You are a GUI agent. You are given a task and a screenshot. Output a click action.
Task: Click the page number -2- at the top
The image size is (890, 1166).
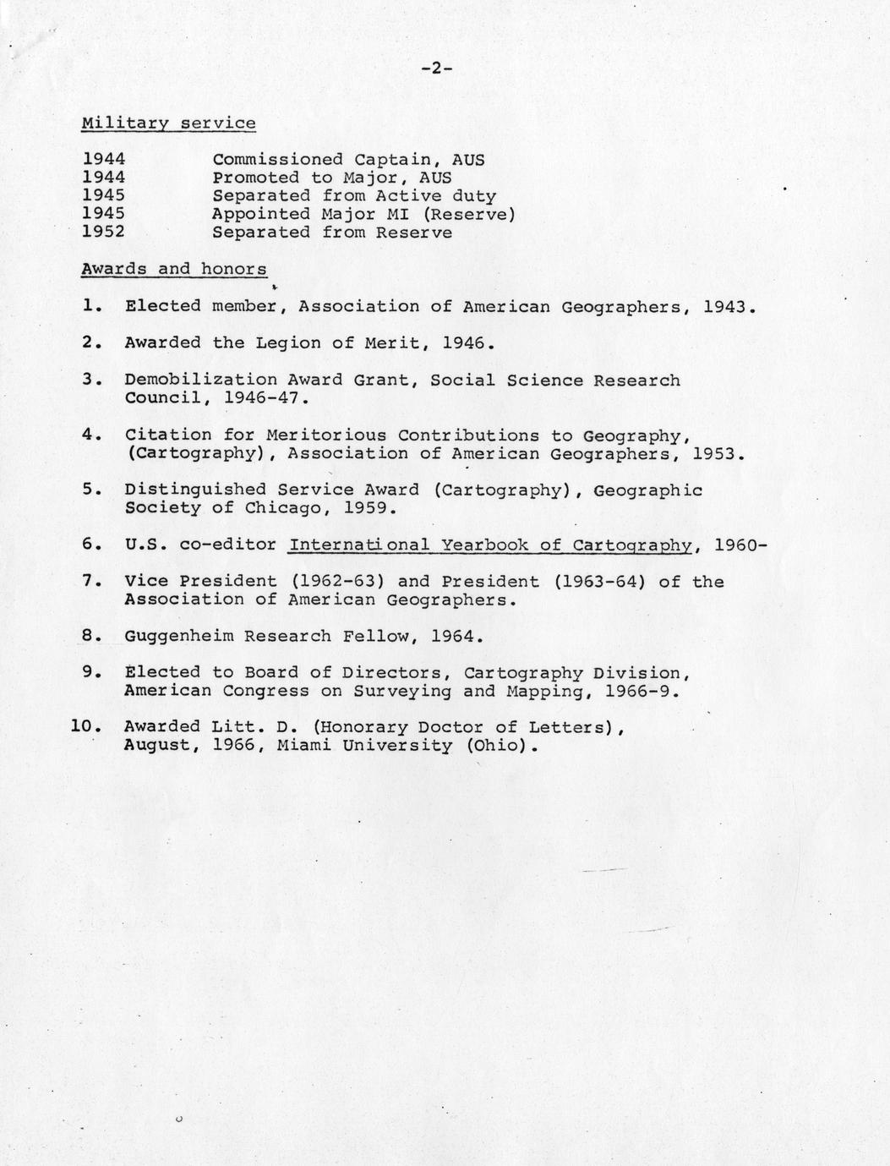coord(437,69)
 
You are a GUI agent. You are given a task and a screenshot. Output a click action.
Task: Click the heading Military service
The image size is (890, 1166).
coord(168,123)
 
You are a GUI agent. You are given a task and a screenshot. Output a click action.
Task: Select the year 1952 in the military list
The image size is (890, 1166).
coord(104,233)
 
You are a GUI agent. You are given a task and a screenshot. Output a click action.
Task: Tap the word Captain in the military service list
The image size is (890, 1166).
coord(396,160)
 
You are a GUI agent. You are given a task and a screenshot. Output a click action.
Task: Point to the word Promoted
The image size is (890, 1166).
coord(255,178)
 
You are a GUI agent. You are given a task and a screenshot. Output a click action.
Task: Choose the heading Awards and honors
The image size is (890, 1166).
coord(174,270)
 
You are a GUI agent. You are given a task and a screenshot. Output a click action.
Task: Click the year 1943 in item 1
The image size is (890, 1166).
coord(723,307)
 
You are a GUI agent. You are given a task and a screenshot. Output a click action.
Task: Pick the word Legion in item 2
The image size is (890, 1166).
coord(294,343)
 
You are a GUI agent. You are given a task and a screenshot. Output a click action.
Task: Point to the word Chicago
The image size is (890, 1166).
coord(283,508)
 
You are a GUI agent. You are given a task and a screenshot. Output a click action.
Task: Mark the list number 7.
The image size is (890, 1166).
coord(91,582)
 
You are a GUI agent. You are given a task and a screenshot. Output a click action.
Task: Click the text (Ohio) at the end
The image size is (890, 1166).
coord(502,746)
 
